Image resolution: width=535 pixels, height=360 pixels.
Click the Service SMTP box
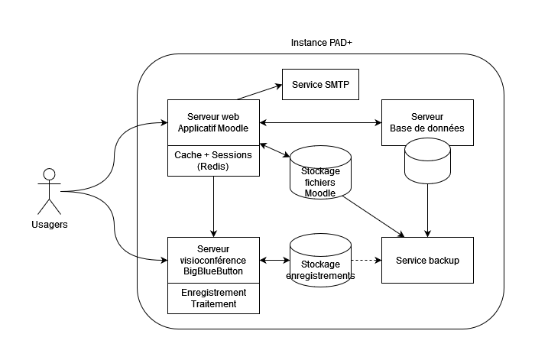320,84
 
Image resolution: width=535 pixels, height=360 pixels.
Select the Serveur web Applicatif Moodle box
213,122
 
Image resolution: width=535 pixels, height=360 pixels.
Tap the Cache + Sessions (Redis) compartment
213,160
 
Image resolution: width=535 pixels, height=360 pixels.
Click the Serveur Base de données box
426,122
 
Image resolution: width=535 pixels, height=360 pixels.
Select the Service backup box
426,261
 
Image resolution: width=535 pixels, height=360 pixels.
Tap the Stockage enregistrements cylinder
320,264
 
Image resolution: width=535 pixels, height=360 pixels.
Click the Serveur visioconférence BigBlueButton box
213,261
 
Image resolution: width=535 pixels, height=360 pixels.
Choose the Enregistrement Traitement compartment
213,298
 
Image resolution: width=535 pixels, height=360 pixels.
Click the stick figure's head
50,173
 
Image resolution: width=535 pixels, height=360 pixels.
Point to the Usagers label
50,225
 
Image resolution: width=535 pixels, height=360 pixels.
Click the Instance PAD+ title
321,44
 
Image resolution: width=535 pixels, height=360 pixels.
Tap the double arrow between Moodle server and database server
320,122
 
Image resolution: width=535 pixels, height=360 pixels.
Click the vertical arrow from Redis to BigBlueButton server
213,206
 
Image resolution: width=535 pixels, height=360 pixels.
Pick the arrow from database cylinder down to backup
426,209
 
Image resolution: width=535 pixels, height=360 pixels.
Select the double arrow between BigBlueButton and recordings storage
274,261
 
